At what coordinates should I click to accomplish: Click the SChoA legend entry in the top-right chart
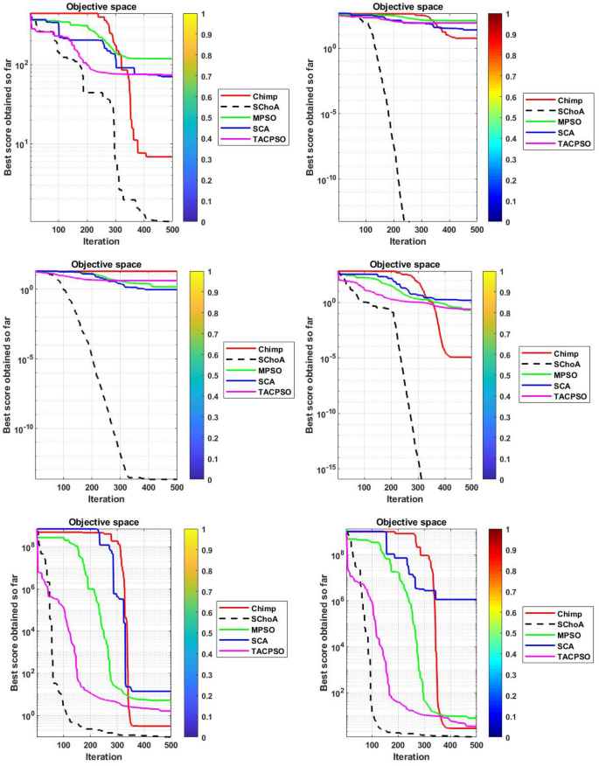(x=556, y=110)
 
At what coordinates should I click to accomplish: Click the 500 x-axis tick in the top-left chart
(x=167, y=232)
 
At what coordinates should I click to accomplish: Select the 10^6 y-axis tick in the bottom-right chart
(x=323, y=601)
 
